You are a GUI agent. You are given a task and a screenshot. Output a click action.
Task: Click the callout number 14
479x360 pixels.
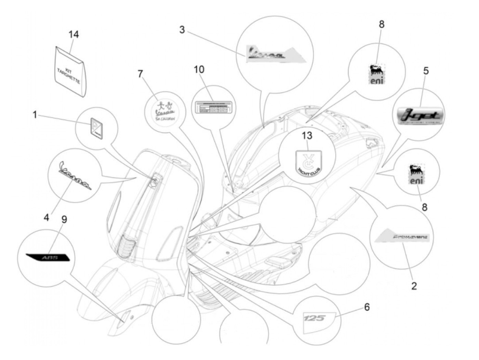(x=74, y=35)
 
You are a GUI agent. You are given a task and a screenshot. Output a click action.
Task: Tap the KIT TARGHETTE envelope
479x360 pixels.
(x=71, y=71)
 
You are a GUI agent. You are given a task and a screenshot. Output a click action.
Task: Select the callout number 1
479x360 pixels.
(x=35, y=115)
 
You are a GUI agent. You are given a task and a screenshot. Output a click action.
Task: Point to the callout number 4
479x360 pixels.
(x=46, y=217)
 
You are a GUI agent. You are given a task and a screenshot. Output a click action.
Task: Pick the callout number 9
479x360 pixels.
(x=64, y=219)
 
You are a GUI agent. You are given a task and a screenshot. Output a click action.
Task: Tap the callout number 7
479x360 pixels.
(x=140, y=74)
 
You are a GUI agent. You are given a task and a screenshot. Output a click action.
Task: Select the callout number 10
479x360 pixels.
(x=199, y=69)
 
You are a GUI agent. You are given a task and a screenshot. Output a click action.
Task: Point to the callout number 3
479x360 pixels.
(x=182, y=30)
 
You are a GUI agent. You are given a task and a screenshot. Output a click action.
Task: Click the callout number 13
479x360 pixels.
(x=307, y=136)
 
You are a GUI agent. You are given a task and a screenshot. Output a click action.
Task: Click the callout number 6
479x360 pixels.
(x=367, y=307)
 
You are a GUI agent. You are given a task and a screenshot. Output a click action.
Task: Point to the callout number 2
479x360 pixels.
(x=414, y=286)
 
